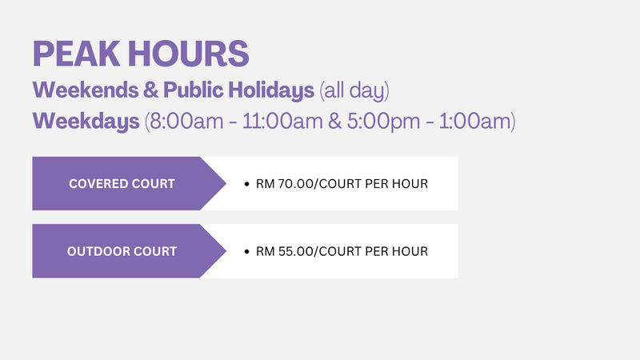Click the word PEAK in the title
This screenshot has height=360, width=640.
tap(76, 54)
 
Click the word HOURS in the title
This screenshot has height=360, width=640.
tap(189, 54)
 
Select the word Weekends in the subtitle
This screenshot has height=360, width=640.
tap(86, 90)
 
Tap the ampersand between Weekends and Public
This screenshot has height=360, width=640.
tap(150, 90)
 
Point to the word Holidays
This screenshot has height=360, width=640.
tap(271, 90)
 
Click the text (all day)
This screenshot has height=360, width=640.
tap(354, 90)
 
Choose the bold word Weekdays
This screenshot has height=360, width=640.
tap(86, 122)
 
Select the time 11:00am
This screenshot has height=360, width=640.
tap(282, 122)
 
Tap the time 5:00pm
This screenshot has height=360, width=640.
tap(383, 122)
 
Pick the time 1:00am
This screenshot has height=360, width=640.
tap(474, 122)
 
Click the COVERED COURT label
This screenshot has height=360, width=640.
tap(122, 184)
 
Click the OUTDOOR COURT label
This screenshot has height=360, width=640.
tap(122, 251)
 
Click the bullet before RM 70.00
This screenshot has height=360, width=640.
tap(246, 184)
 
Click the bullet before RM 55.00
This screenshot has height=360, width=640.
tap(246, 251)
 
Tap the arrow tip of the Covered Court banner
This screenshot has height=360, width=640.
tap(226, 184)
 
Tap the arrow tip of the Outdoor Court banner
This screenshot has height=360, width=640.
tap(226, 251)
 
